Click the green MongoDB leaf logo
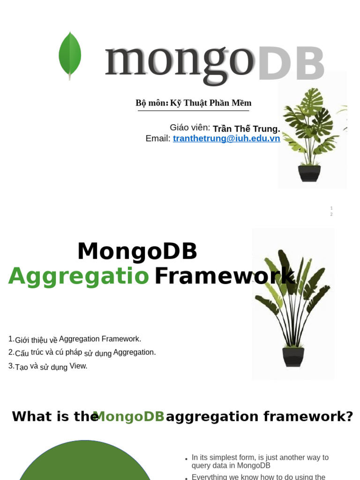[70, 55]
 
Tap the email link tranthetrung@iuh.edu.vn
[226, 139]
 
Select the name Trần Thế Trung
[246, 129]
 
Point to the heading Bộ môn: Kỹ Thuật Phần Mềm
[193, 103]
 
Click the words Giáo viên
[190, 127]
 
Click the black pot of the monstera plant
[309, 173]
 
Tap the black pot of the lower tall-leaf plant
[293, 357]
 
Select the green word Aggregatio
[79, 276]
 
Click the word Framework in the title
[224, 276]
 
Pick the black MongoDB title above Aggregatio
[137, 251]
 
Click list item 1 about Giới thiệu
[75, 339]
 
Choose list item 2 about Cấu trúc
[82, 352]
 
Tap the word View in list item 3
[78, 366]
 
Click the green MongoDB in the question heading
[129, 416]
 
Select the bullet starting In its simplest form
[260, 461]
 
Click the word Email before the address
[157, 139]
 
